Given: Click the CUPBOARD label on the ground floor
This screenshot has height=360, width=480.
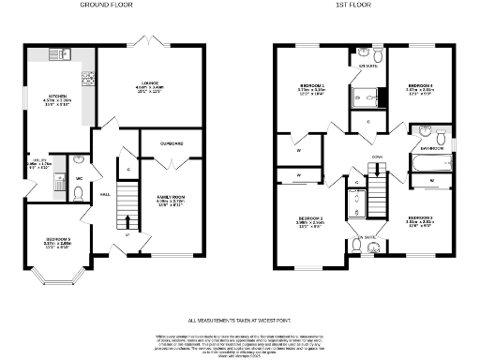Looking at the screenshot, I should [170, 143].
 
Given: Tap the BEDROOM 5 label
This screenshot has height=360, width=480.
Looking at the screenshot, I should [59, 240].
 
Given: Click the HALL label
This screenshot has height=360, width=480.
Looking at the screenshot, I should [105, 195].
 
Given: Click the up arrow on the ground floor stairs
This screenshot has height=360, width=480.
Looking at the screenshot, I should [127, 222].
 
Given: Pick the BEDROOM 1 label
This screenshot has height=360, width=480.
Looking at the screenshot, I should [312, 85].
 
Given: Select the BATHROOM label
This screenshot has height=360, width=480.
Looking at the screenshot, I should [431, 148].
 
